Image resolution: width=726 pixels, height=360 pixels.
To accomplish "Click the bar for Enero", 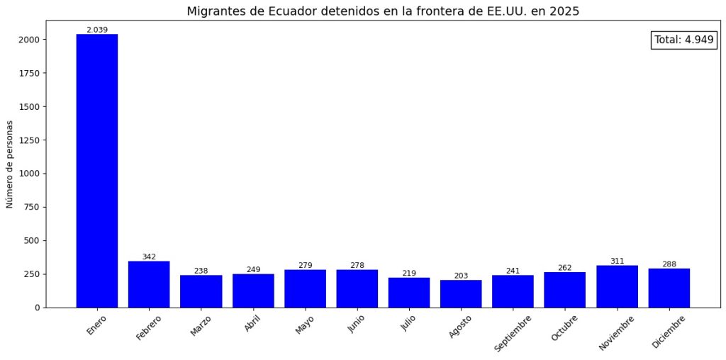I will pyautogui.click(x=97, y=170).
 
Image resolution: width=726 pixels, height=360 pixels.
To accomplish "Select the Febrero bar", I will pyautogui.click(x=149, y=284).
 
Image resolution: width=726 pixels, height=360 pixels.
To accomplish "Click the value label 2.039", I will pyautogui.click(x=97, y=30).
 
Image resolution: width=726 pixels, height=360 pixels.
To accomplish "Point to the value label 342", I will pyautogui.click(x=149, y=257).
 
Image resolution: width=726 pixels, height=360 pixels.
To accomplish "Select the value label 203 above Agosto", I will pyautogui.click(x=461, y=276).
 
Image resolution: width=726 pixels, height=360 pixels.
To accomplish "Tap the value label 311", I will pyautogui.click(x=617, y=261).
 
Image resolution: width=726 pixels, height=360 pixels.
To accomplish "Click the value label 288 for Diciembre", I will pyautogui.click(x=669, y=264).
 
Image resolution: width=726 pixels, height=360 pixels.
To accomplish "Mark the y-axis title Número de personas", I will pyautogui.click(x=10, y=164).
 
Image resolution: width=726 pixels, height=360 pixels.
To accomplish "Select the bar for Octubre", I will pyautogui.click(x=565, y=290).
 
